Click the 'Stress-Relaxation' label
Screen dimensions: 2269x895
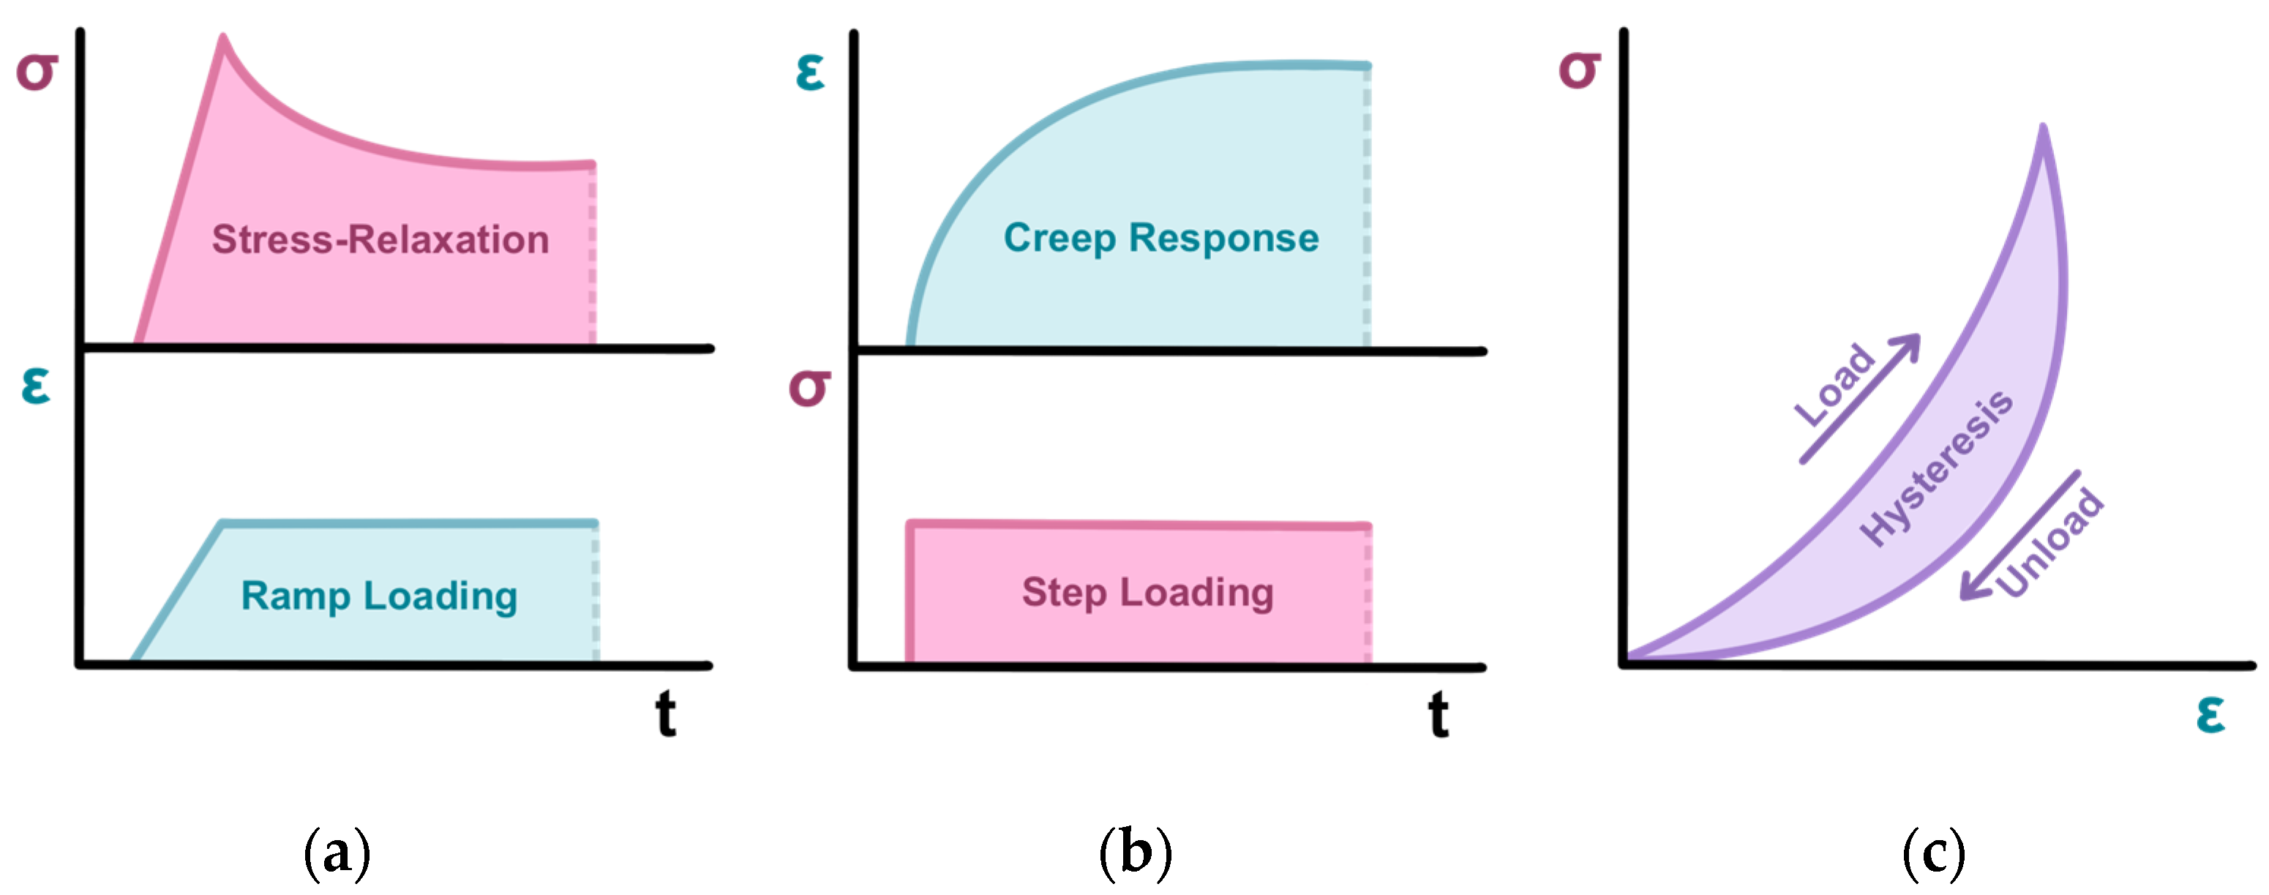pyautogui.click(x=380, y=239)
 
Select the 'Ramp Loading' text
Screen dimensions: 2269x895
pyautogui.click(x=380, y=596)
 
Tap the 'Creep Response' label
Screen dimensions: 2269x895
pyautogui.click(x=1161, y=238)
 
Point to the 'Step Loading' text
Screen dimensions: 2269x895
pyautogui.click(x=1148, y=592)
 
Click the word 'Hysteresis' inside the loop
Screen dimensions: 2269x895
pyautogui.click(x=1936, y=468)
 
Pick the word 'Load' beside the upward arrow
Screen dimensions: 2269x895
pyautogui.click(x=1835, y=385)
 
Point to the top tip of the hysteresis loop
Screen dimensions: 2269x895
pyautogui.click(x=2043, y=129)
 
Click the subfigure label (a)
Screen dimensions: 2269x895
pyautogui.click(x=337, y=853)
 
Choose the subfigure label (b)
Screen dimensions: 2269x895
pyautogui.click(x=1136, y=853)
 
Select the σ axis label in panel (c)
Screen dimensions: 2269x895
pyautogui.click(x=1579, y=70)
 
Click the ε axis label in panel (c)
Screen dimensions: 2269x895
pyautogui.click(x=2211, y=714)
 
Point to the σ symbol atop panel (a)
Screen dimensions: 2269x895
pyautogui.click(x=37, y=70)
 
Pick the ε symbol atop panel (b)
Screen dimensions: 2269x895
pyautogui.click(x=809, y=72)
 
